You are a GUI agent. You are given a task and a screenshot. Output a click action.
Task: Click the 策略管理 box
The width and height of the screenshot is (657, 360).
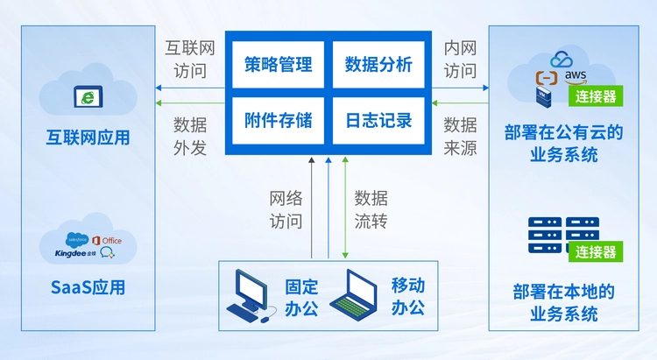(x=279, y=65)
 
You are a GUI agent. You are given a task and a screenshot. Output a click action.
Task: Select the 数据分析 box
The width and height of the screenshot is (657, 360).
(x=378, y=65)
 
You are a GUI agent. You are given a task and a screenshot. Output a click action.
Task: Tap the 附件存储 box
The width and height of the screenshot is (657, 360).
(x=279, y=120)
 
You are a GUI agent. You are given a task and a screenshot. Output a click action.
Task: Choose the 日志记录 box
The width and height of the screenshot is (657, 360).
(x=378, y=120)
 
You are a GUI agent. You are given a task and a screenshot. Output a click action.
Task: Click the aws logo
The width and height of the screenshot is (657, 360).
(x=576, y=76)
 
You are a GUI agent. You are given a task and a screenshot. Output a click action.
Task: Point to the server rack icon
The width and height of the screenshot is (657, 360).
(x=557, y=234)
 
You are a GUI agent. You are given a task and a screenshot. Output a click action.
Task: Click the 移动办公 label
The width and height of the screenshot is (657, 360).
(x=407, y=297)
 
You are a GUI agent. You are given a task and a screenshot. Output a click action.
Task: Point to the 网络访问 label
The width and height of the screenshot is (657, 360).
(x=286, y=210)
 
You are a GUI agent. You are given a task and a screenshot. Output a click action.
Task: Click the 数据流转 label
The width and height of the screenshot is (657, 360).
(x=371, y=210)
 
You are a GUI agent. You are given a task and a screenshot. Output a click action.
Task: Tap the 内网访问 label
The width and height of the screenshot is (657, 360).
(x=461, y=59)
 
